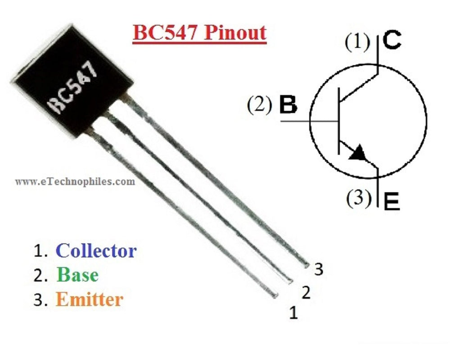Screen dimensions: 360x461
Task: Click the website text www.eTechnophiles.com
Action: (x=75, y=182)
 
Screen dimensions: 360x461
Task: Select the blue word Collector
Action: (x=96, y=251)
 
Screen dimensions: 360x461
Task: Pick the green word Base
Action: (x=77, y=275)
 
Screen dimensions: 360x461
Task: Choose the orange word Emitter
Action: (x=89, y=299)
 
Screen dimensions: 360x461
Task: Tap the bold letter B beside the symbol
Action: (x=288, y=105)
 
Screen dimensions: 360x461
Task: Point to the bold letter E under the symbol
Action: (x=392, y=203)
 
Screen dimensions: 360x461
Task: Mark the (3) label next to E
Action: (x=359, y=198)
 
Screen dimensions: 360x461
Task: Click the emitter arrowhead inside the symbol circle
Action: (x=359, y=154)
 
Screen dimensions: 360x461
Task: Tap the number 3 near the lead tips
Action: (x=319, y=269)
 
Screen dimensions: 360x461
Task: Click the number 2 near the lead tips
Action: (x=306, y=293)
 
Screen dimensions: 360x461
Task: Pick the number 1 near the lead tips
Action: (x=294, y=313)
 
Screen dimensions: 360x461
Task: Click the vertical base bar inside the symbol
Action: (x=339, y=121)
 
